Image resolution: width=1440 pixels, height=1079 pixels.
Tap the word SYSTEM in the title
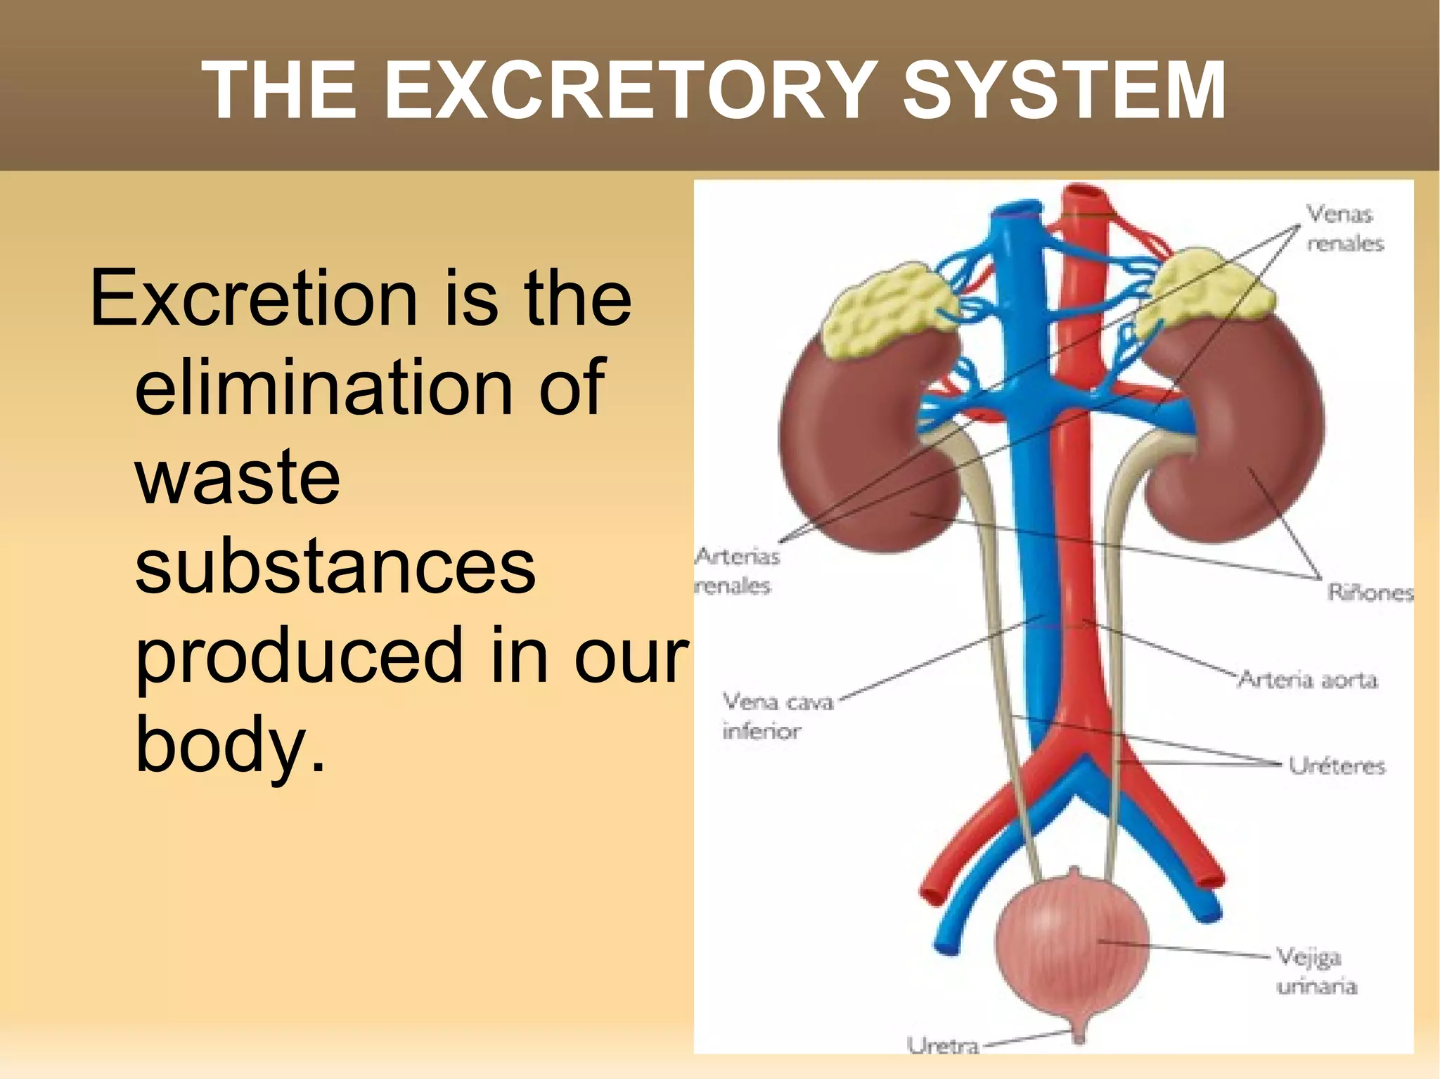1065,91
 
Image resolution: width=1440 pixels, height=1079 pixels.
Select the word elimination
369,387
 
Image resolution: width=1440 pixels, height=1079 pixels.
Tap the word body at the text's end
221,745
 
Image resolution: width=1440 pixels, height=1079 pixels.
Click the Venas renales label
1344,228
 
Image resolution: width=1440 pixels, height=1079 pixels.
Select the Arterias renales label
737,571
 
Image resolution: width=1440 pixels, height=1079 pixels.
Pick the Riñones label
1370,593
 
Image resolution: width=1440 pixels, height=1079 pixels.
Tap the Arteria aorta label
1307,680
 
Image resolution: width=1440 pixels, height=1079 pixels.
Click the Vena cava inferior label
777,716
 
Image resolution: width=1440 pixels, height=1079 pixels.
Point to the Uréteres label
1336,765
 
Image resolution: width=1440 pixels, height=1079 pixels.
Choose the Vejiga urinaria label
1315,971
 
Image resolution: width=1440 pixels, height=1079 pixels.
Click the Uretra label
943,1046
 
